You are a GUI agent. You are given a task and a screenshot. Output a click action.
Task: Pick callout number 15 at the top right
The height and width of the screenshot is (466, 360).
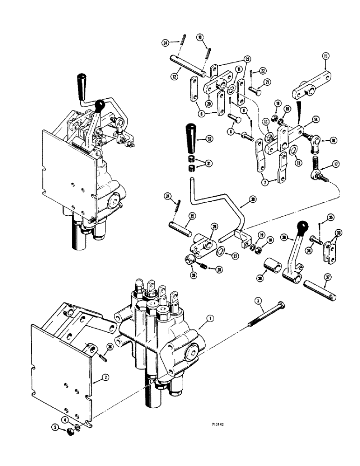326,57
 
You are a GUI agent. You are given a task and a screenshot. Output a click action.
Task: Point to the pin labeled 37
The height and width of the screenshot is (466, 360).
320,289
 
